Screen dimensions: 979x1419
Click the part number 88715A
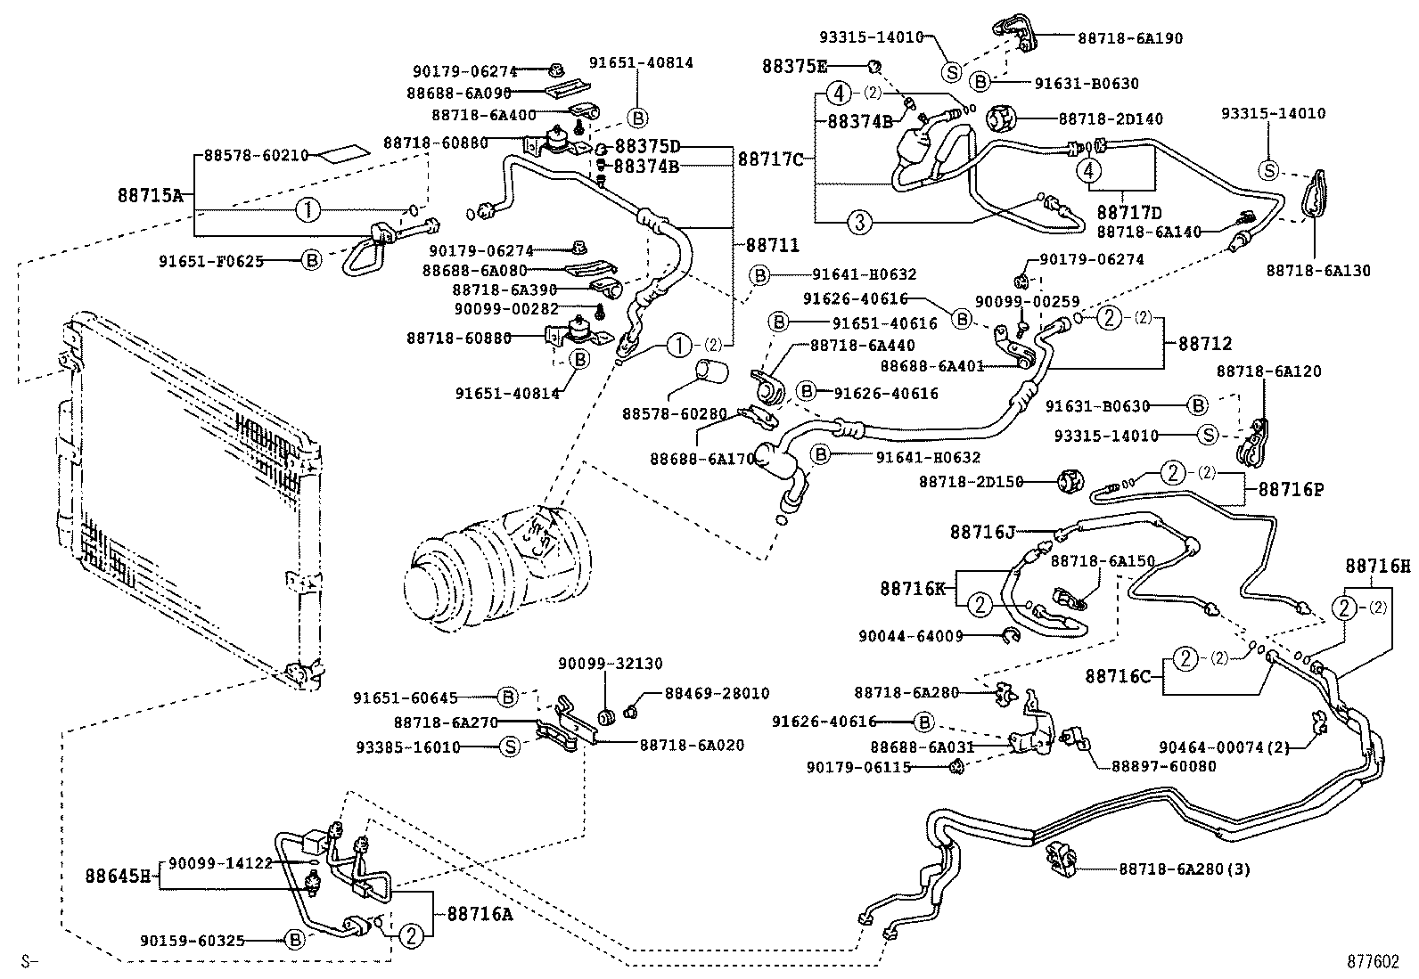coord(150,194)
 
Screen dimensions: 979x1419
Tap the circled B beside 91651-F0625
coord(311,260)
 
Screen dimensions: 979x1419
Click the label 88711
coord(773,245)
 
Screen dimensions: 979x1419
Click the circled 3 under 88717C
coord(859,222)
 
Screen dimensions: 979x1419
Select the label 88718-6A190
coord(1118,38)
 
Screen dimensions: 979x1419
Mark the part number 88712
coord(1205,343)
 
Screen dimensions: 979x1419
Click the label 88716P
coord(1291,489)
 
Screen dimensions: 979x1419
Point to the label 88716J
coord(982,532)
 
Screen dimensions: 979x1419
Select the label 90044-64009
coord(910,636)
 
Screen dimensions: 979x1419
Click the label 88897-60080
coord(1162,766)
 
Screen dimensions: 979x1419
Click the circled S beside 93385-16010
coord(510,747)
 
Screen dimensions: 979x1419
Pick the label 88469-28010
coord(717,693)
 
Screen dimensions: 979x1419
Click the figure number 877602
coord(1373,962)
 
